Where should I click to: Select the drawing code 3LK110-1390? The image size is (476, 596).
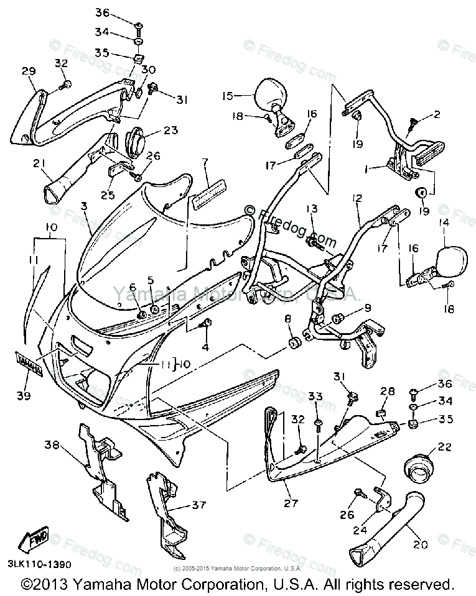click(x=40, y=565)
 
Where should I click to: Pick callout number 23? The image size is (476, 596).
click(x=170, y=130)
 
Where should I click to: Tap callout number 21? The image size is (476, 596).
click(x=39, y=163)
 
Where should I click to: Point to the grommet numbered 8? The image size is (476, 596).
click(x=292, y=342)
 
